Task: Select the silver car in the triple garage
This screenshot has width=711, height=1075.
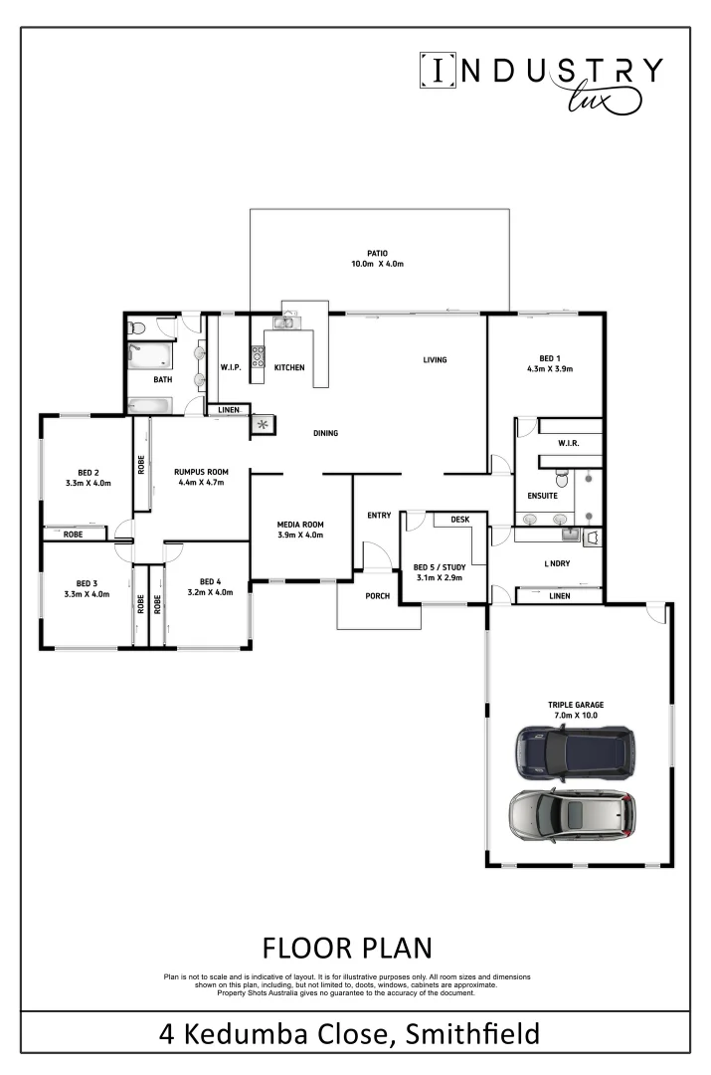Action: pyautogui.click(x=571, y=814)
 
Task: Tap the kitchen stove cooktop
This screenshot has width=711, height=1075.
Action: pyautogui.click(x=257, y=356)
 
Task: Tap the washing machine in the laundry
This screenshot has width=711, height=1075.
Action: pyautogui.click(x=593, y=537)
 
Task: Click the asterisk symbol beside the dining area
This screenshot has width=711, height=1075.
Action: pyautogui.click(x=264, y=426)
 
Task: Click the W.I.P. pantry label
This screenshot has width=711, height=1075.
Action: pyautogui.click(x=231, y=368)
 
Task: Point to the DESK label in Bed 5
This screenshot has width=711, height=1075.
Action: pyautogui.click(x=459, y=520)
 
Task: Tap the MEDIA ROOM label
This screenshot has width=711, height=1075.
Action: pyautogui.click(x=299, y=525)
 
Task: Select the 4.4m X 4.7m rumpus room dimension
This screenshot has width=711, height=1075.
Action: pyautogui.click(x=201, y=483)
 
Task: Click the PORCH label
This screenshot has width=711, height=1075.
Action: pyautogui.click(x=377, y=597)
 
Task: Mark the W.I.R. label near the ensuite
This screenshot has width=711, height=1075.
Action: pyautogui.click(x=569, y=443)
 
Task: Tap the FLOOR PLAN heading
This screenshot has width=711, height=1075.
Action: pyautogui.click(x=347, y=946)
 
